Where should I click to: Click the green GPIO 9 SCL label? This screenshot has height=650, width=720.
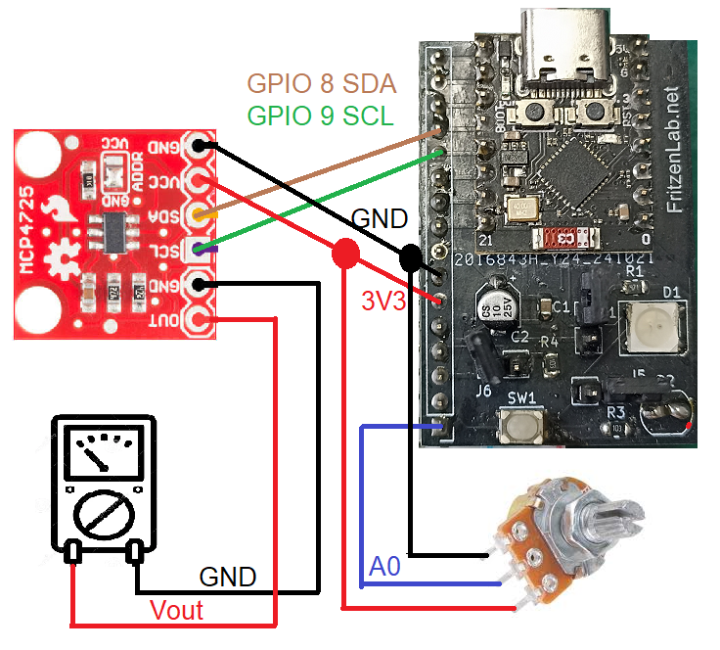pyautogui.click(x=319, y=116)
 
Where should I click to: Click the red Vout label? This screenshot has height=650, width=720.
pyautogui.click(x=176, y=611)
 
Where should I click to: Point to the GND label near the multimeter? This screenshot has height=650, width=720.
pyautogui.click(x=227, y=577)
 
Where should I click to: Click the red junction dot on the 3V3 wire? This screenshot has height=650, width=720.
pyautogui.click(x=343, y=255)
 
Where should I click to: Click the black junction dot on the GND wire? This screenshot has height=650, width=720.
pyautogui.click(x=411, y=258)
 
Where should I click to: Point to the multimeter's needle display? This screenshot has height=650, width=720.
pyautogui.click(x=102, y=453)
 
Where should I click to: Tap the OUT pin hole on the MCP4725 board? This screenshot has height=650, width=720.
pyautogui.click(x=201, y=319)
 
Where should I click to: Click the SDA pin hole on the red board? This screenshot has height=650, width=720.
pyautogui.click(x=201, y=214)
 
